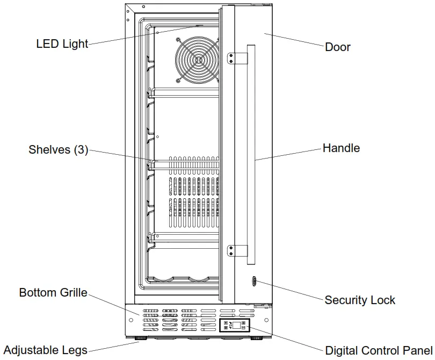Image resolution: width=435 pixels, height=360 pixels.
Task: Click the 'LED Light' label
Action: click(62, 44)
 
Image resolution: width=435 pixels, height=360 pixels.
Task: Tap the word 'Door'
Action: click(337, 47)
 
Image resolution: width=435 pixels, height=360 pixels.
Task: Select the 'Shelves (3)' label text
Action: click(58, 150)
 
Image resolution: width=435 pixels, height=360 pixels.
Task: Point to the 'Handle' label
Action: click(341, 148)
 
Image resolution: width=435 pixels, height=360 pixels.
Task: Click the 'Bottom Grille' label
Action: click(53, 293)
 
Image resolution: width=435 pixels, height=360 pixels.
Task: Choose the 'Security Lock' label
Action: click(360, 300)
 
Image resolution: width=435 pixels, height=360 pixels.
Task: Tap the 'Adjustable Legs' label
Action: click(45, 350)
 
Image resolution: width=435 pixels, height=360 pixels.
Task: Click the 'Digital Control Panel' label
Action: click(379, 351)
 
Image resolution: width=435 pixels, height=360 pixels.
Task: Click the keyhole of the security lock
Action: click(253, 281)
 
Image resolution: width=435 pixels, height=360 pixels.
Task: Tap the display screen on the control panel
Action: click(236, 325)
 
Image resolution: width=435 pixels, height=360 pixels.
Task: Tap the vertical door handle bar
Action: click(251, 156)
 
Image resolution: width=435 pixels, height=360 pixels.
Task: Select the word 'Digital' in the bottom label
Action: click(341, 351)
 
